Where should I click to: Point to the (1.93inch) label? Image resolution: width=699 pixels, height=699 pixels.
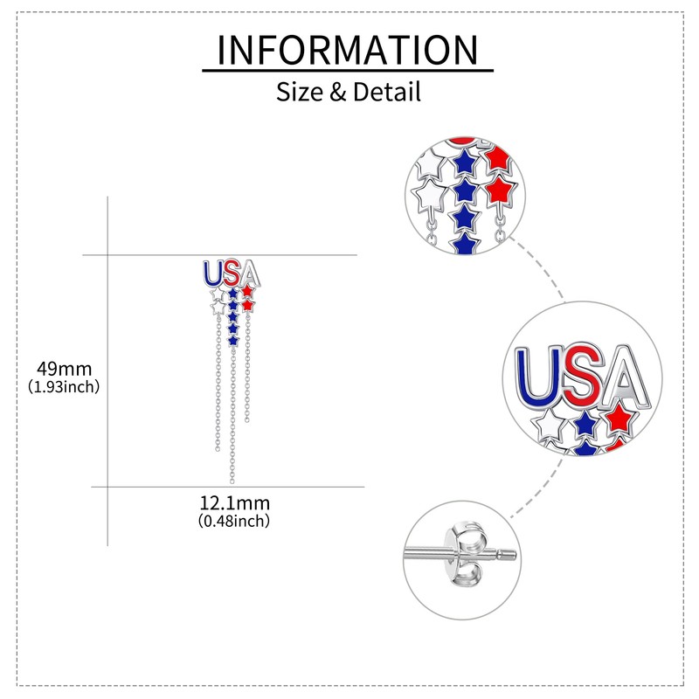(64, 385)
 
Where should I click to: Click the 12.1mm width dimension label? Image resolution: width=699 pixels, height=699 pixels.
(234, 503)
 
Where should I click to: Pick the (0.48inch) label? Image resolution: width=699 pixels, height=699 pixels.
(234, 521)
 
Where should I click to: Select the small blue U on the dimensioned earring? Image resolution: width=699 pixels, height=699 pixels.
(212, 273)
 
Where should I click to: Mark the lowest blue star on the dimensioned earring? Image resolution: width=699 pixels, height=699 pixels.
(233, 338)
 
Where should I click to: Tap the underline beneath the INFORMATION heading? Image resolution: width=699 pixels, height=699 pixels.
(348, 71)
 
